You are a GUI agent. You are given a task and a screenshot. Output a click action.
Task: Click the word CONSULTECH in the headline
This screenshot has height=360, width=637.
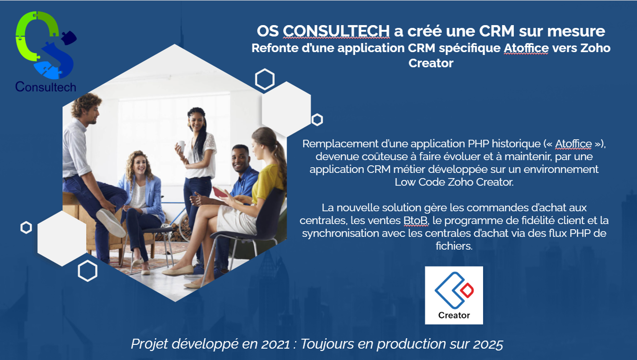pos(336,31)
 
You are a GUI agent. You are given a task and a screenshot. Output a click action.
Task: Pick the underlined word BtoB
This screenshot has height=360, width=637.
pos(415,221)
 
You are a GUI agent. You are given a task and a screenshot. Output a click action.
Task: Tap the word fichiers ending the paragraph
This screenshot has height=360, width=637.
pos(453,246)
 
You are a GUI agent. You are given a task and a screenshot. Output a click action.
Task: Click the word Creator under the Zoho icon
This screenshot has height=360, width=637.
pos(454,315)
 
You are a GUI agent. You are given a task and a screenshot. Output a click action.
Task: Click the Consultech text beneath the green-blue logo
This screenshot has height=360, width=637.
pos(45,87)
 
